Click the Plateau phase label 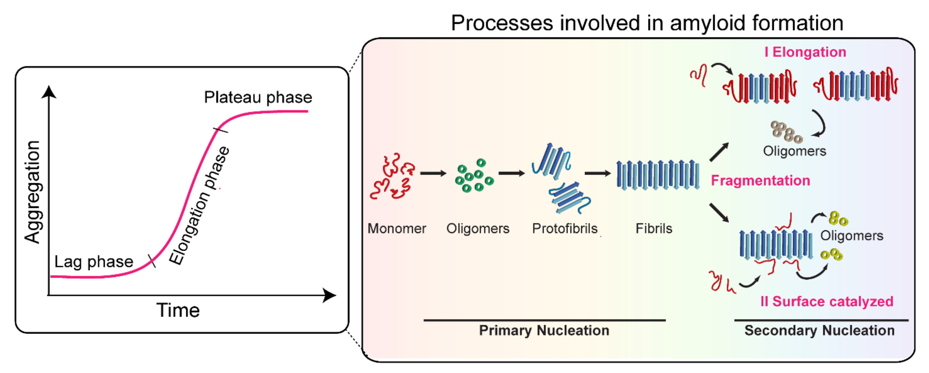tap(258, 97)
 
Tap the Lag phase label tap(94, 262)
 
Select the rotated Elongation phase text tap(199, 206)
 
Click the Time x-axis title tap(178, 310)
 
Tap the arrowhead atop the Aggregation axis tap(49, 92)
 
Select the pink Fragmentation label tap(760, 180)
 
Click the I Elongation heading tap(805, 52)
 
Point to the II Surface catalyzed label tap(826, 301)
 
